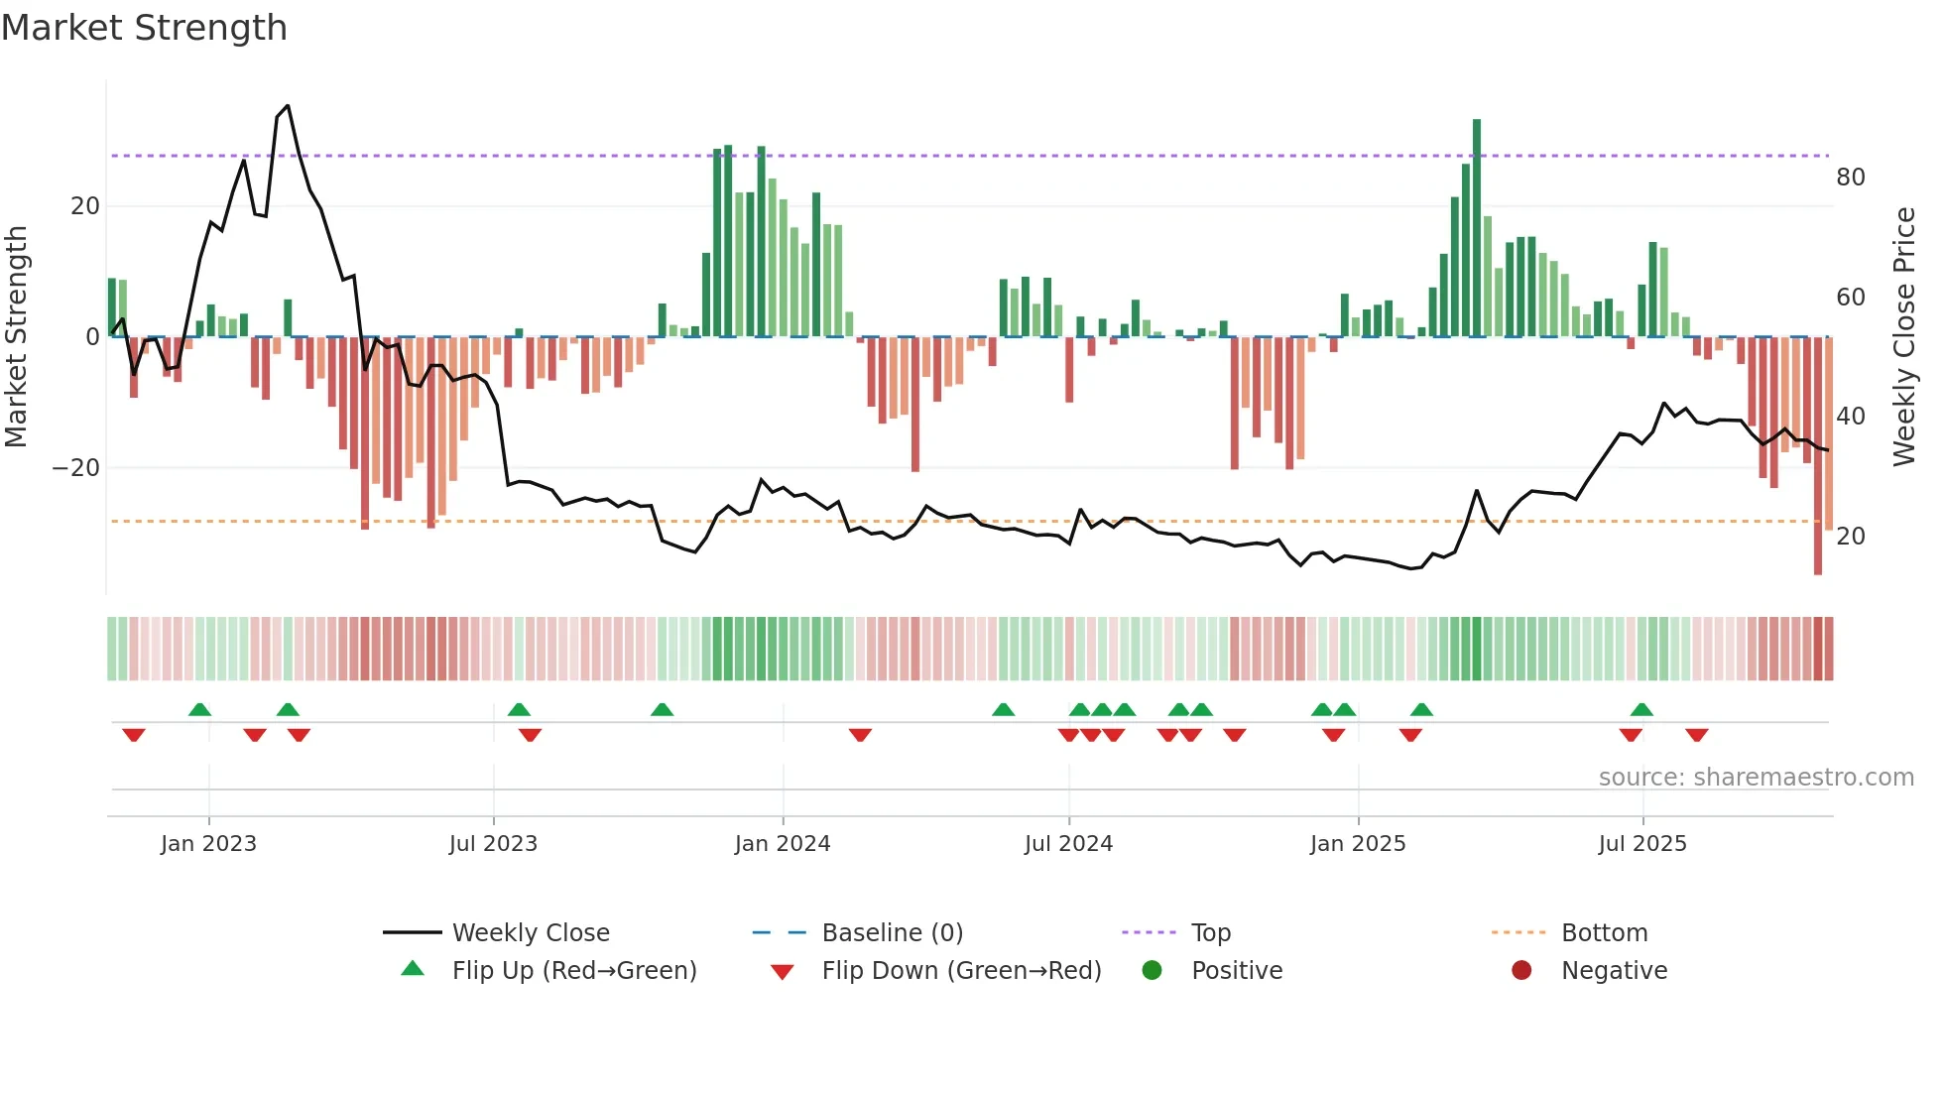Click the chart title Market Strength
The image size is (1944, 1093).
pyautogui.click(x=144, y=28)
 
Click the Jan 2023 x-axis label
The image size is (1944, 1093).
pyautogui.click(x=208, y=843)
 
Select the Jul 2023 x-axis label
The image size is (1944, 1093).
pyautogui.click(x=493, y=843)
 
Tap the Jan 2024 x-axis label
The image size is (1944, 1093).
pyautogui.click(x=783, y=843)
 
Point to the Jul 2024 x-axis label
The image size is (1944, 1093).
pyautogui.click(x=1068, y=843)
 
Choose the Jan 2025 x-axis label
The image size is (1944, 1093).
pyautogui.click(x=1358, y=843)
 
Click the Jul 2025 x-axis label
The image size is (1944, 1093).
pyautogui.click(x=1642, y=843)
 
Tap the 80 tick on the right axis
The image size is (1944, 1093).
pyautogui.click(x=1850, y=178)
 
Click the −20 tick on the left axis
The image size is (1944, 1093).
pyautogui.click(x=76, y=467)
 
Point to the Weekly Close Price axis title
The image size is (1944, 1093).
pyautogui.click(x=1903, y=336)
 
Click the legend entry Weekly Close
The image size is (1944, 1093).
pyautogui.click(x=531, y=932)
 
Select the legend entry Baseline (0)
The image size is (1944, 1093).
pyautogui.click(x=892, y=932)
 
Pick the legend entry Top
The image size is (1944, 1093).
pyautogui.click(x=1210, y=932)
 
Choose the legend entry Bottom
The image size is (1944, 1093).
pyautogui.click(x=1604, y=932)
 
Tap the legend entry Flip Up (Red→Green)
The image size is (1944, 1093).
pyautogui.click(x=573, y=970)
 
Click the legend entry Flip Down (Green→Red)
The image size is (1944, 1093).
pyautogui.click(x=961, y=970)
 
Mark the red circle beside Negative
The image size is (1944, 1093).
pyautogui.click(x=1521, y=970)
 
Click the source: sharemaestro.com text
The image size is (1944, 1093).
pyautogui.click(x=1756, y=777)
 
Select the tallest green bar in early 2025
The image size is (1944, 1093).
pyautogui.click(x=1477, y=228)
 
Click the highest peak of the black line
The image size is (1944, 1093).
pyautogui.click(x=288, y=105)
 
